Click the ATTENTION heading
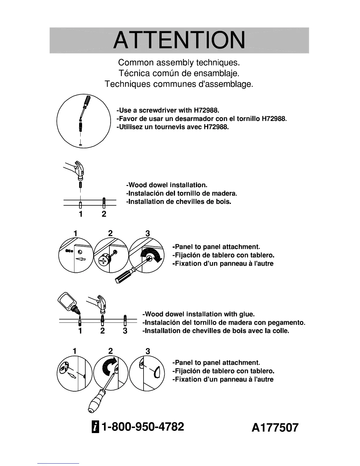[x=179, y=40]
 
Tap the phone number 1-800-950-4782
[x=142, y=426]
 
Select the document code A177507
[x=275, y=427]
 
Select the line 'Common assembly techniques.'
[x=179, y=62]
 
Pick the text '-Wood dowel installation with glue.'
[x=199, y=314]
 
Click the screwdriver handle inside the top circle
[x=87, y=101]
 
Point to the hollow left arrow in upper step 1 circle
[x=81, y=259]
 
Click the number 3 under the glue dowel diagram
[x=125, y=331]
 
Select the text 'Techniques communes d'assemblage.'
[x=179, y=84]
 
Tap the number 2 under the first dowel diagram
[x=104, y=214]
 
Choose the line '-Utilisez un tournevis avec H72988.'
[x=173, y=127]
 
